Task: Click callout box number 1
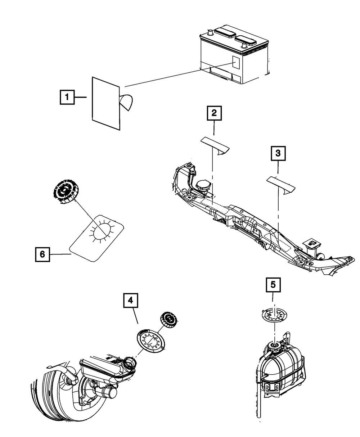click(x=67, y=97)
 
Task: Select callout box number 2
click(x=214, y=113)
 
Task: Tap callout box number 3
click(x=278, y=153)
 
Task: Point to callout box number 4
click(x=130, y=300)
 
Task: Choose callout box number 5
click(x=273, y=285)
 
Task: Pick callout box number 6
click(x=42, y=254)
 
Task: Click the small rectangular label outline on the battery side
click(x=236, y=62)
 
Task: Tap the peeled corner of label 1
click(x=126, y=103)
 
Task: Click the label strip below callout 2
click(x=215, y=146)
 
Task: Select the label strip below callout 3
click(x=281, y=185)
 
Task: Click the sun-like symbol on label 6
click(x=102, y=231)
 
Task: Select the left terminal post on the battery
click(x=210, y=33)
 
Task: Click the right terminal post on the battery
click(x=244, y=45)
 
